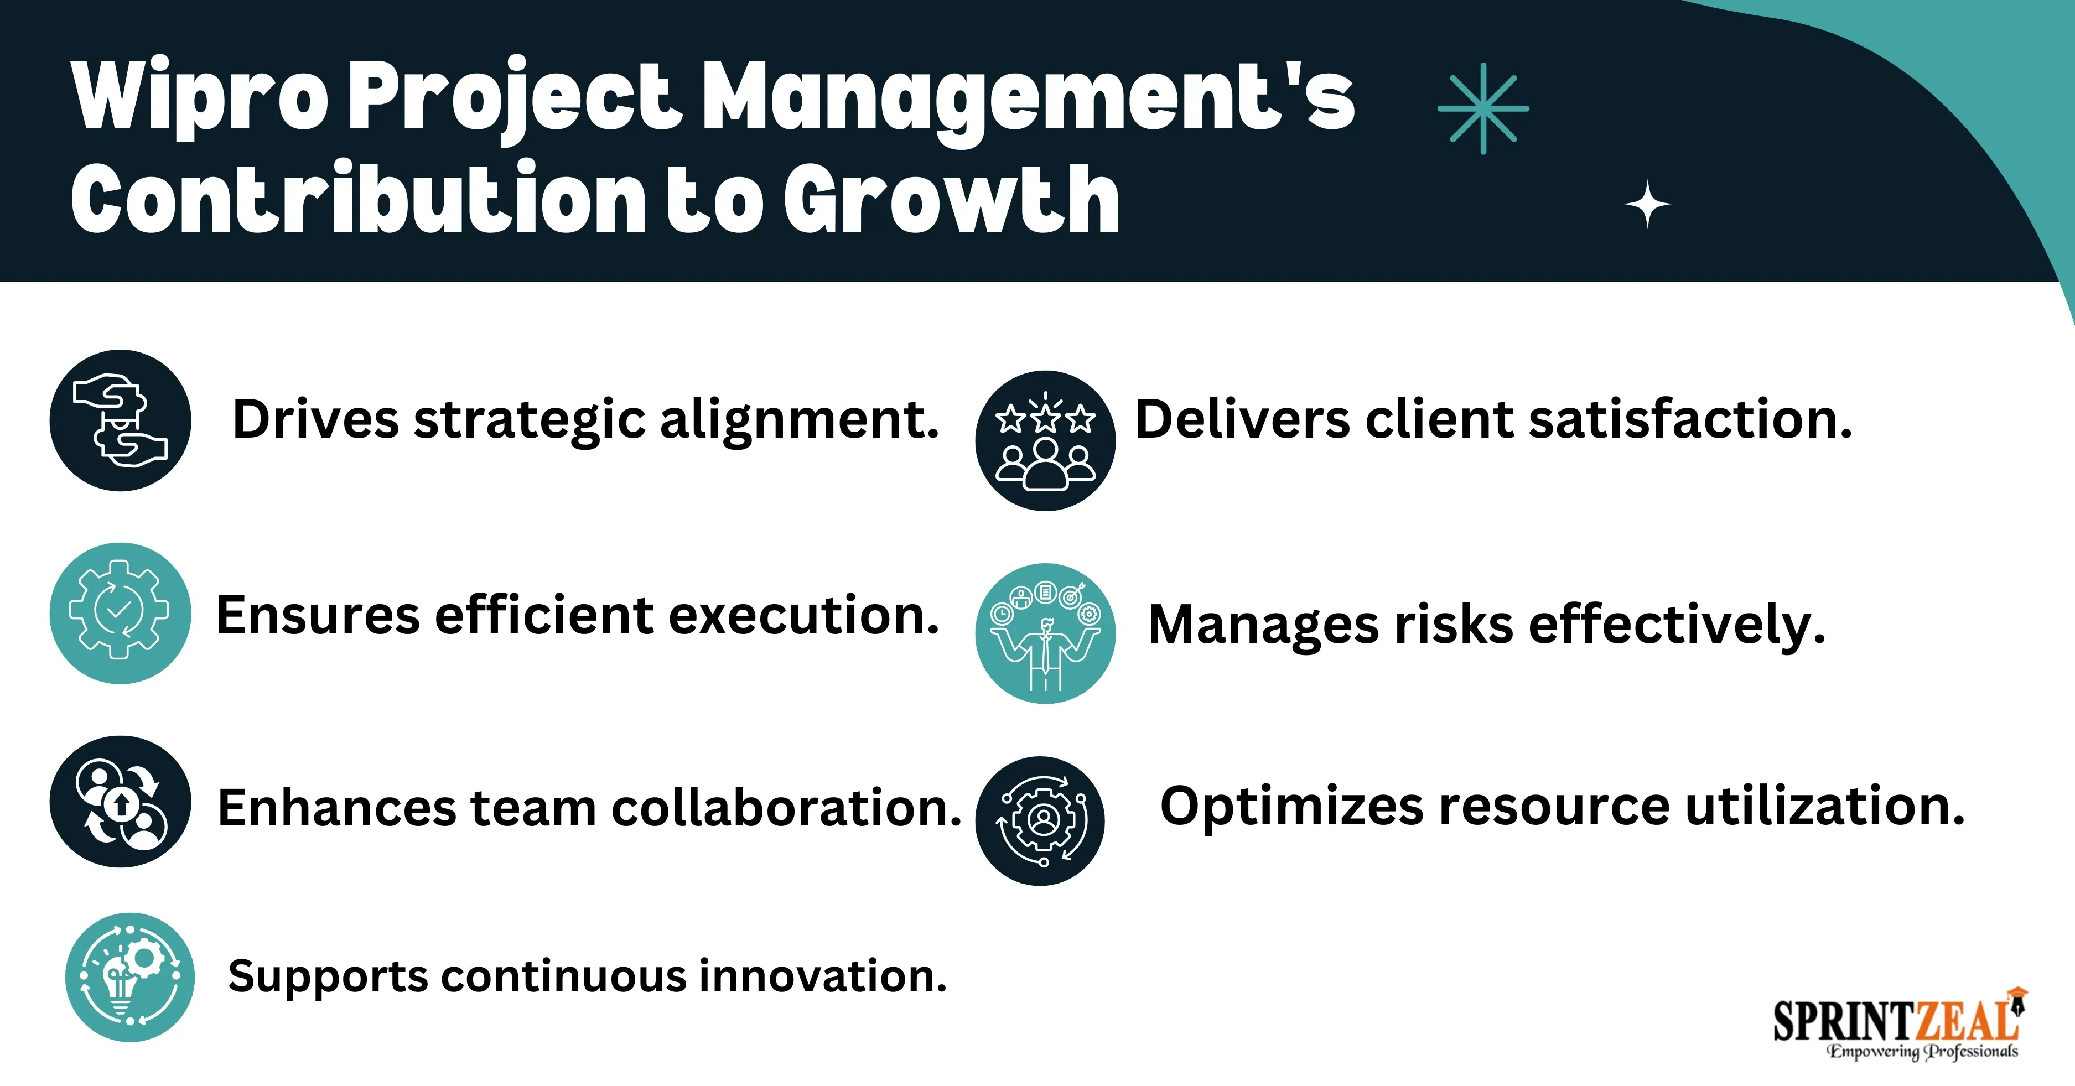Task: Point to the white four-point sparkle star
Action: coord(1647,205)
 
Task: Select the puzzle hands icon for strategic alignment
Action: coord(120,420)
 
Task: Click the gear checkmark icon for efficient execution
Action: coord(120,613)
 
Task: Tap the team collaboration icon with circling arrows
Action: coord(120,802)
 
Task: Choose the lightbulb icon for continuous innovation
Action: coord(129,977)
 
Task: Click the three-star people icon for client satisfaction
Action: coord(1046,441)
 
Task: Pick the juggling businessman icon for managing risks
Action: coord(1046,633)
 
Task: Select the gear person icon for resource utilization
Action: coord(1040,821)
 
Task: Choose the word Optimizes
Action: coord(1292,807)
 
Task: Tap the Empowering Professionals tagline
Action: coord(1922,1051)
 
